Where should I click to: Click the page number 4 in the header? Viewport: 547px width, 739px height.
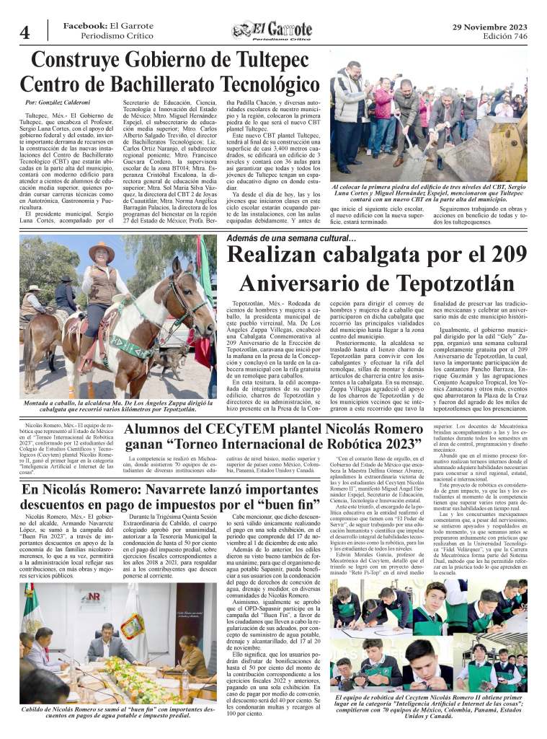click(x=25, y=31)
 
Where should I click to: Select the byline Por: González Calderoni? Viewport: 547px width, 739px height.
click(x=58, y=105)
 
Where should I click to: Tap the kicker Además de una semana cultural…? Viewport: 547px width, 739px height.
click(x=290, y=237)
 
